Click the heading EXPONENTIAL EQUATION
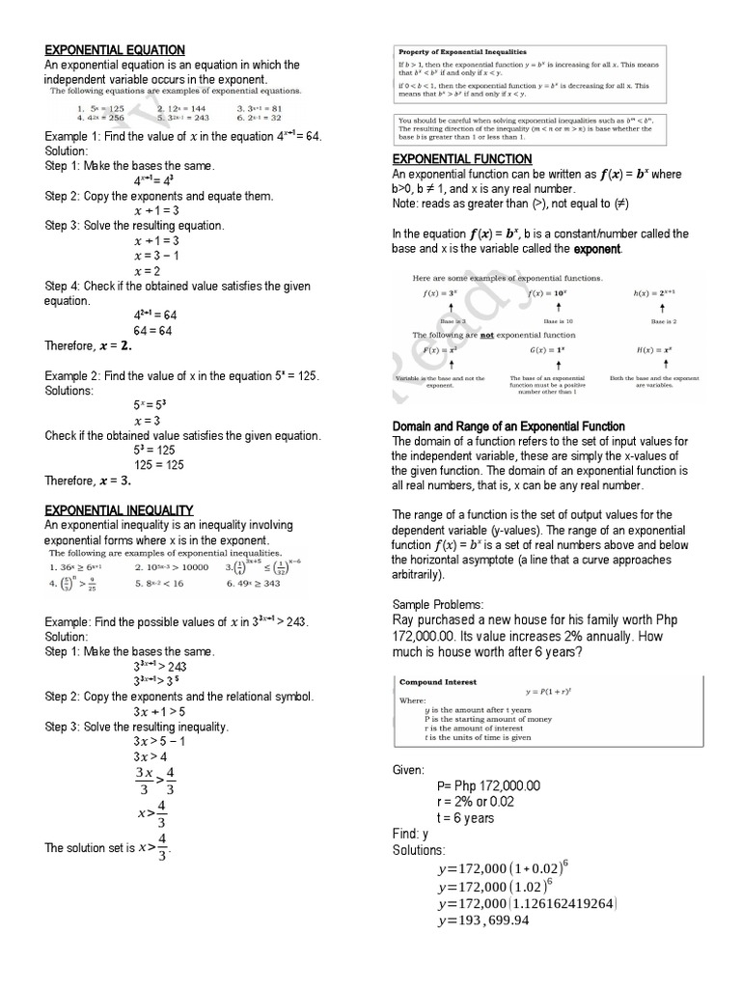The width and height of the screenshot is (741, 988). tap(115, 49)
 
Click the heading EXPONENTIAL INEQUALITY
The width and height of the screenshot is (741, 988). tap(120, 509)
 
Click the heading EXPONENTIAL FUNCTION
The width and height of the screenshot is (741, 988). tap(461, 158)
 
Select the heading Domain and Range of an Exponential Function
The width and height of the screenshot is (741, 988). tap(508, 426)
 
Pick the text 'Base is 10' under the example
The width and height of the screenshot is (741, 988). tap(558, 320)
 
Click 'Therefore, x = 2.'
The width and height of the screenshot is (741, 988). tap(88, 345)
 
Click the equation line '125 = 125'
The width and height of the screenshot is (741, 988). tap(154, 465)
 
